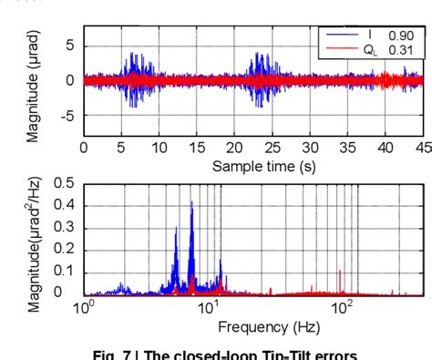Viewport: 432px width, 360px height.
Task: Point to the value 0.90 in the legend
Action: point(400,35)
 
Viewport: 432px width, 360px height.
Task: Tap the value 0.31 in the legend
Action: point(400,49)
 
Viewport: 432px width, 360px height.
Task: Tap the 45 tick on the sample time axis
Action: point(423,148)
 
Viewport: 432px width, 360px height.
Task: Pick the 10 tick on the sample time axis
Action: point(159,148)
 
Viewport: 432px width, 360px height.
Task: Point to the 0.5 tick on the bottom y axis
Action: point(64,183)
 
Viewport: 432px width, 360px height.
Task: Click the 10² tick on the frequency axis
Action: point(342,308)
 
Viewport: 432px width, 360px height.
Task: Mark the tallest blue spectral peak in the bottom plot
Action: point(191,204)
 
